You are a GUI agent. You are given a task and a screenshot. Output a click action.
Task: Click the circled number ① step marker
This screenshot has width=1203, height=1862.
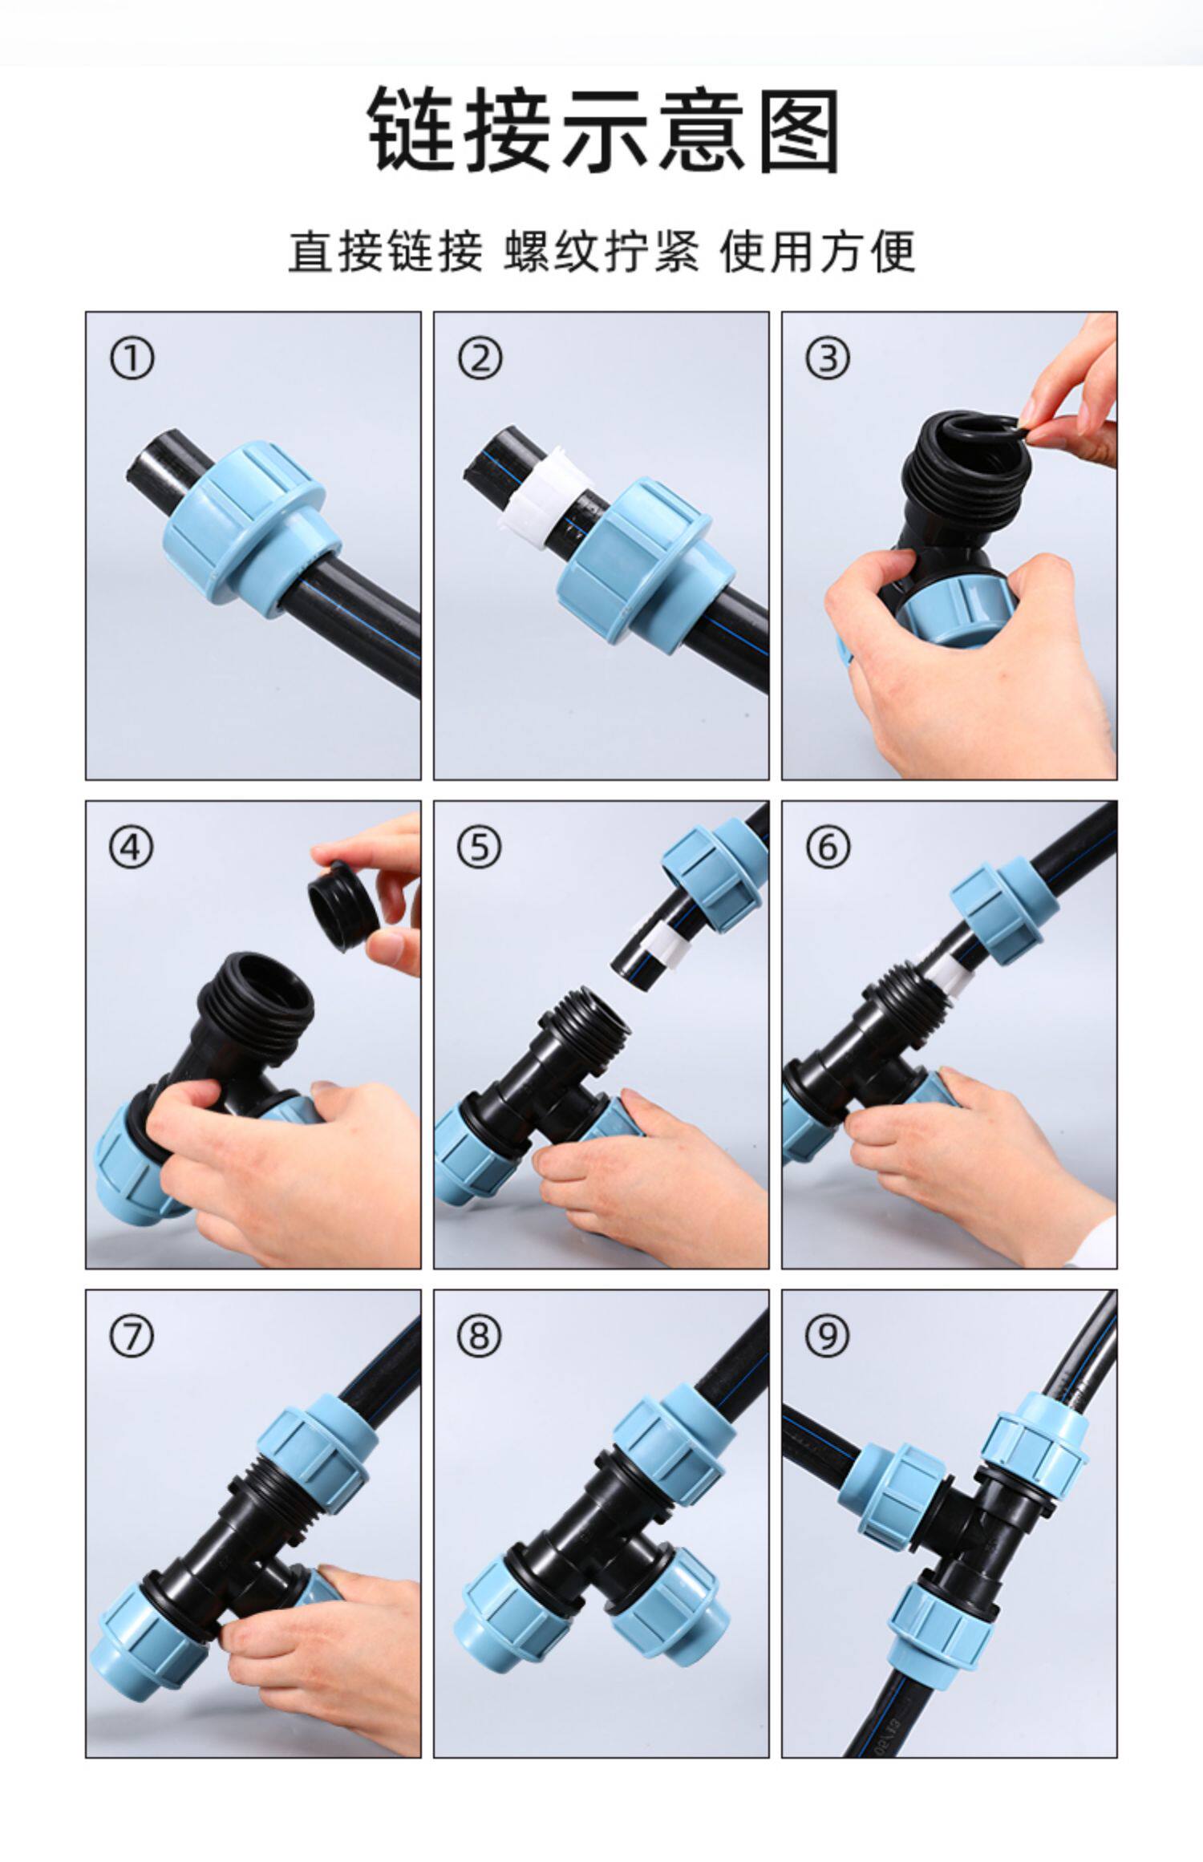click(x=132, y=358)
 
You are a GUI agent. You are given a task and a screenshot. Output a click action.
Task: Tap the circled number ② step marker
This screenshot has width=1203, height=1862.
click(x=480, y=358)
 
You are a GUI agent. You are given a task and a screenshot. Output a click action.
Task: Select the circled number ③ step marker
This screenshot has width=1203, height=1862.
click(x=828, y=358)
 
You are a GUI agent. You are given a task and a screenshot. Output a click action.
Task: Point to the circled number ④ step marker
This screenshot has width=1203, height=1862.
click(x=132, y=847)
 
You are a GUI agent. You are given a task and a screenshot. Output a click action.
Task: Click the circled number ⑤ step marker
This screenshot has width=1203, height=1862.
click(x=480, y=847)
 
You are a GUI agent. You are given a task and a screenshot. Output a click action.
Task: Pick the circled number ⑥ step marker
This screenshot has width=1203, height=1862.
click(x=828, y=847)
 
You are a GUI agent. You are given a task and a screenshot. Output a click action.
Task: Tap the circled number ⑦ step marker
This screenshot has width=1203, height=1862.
click(x=132, y=1336)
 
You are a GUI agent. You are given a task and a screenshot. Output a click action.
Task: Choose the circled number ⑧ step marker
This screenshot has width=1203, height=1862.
click(x=480, y=1336)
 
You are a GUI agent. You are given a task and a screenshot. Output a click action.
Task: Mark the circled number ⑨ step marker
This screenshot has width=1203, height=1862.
click(x=828, y=1336)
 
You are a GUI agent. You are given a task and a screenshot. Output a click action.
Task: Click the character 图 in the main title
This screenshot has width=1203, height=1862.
click(x=798, y=131)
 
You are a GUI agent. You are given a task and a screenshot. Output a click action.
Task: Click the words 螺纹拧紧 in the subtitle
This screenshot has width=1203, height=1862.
click(x=601, y=252)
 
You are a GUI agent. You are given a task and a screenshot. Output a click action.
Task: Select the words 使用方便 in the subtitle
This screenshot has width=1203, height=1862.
click(x=817, y=252)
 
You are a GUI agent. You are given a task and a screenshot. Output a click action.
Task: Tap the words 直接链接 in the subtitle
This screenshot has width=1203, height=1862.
click(x=386, y=252)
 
